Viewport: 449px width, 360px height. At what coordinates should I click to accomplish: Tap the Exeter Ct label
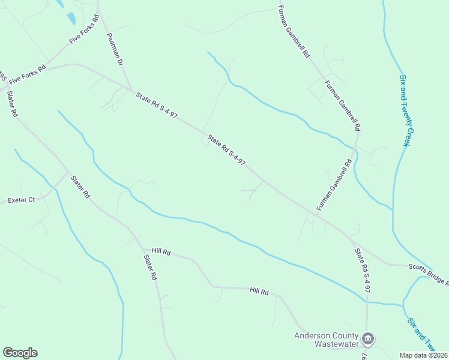click(21, 200)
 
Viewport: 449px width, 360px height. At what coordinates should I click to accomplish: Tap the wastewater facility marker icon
click(369, 340)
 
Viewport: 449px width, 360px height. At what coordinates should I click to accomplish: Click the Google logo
click(20, 353)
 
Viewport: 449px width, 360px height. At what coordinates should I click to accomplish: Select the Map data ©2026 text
click(424, 355)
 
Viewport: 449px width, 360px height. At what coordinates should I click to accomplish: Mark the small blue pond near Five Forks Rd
click(72, 19)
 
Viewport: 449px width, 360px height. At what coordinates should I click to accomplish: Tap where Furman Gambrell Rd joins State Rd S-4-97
click(316, 212)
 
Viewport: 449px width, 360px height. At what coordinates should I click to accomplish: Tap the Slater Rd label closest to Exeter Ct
click(80, 187)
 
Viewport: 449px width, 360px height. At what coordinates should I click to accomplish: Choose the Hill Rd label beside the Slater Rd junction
click(161, 252)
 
